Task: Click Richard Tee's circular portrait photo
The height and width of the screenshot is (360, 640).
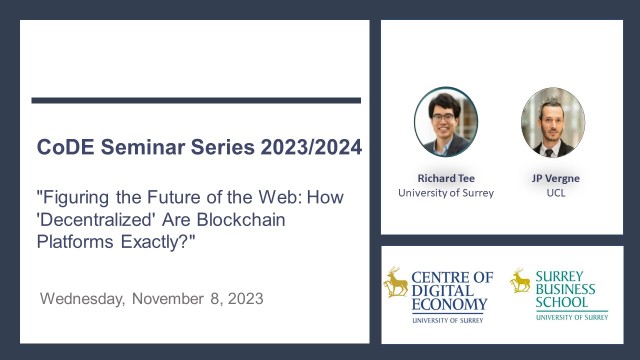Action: click(x=446, y=121)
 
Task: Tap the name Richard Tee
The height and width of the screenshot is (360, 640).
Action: click(x=446, y=178)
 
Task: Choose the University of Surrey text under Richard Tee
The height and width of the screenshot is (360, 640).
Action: click(x=446, y=192)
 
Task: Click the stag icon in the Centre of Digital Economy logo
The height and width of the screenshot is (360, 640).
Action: click(x=397, y=284)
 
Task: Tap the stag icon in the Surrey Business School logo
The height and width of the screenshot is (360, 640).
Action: click(x=520, y=281)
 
